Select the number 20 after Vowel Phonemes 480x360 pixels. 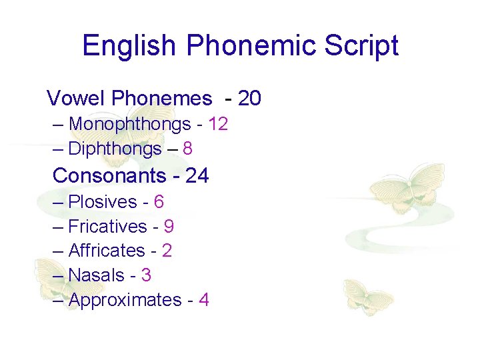[249, 99]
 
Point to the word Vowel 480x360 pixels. [76, 99]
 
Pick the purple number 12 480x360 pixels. [218, 124]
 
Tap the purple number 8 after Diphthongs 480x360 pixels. [187, 149]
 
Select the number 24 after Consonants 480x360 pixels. [197, 175]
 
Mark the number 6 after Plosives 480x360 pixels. [159, 201]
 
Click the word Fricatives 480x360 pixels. [107, 227]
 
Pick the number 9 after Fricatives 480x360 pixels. [169, 227]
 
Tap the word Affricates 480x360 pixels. [107, 251]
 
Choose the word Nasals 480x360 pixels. [97, 275]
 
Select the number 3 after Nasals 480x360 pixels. [146, 275]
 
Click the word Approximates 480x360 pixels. [125, 300]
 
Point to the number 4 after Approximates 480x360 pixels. [203, 300]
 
